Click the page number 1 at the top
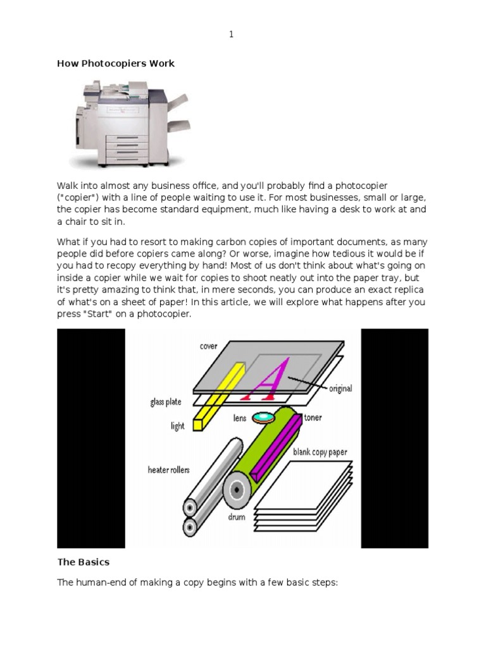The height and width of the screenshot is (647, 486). [231, 35]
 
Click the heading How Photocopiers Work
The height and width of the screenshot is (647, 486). [116, 63]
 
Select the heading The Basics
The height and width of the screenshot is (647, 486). [84, 562]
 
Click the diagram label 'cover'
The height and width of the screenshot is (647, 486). [208, 346]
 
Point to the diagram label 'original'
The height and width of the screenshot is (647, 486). [340, 389]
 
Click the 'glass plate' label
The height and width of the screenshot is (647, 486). [166, 402]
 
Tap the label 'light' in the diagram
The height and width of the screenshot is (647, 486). [177, 426]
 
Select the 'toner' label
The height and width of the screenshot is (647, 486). [313, 418]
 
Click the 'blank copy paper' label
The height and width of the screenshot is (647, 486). [320, 452]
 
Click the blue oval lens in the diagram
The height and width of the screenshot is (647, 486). [263, 418]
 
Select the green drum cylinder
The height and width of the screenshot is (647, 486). [266, 461]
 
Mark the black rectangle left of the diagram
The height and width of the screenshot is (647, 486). [91, 438]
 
